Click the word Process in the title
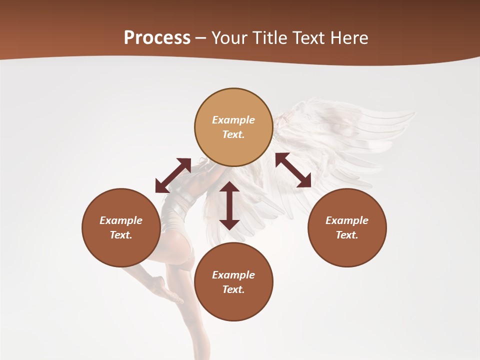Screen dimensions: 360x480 coord(157,38)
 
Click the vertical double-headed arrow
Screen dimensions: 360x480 coord(229,205)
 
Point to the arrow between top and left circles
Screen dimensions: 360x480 coord(173,175)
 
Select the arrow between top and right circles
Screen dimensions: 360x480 coord(293,170)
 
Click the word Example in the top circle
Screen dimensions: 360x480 coord(233,120)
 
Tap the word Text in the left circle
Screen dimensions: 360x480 coord(121,235)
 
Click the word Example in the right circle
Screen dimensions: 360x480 coord(347,220)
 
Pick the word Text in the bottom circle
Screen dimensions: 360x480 coord(233,289)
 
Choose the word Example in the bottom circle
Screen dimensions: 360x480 coord(233,275)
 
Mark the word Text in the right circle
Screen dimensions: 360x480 coord(347,235)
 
